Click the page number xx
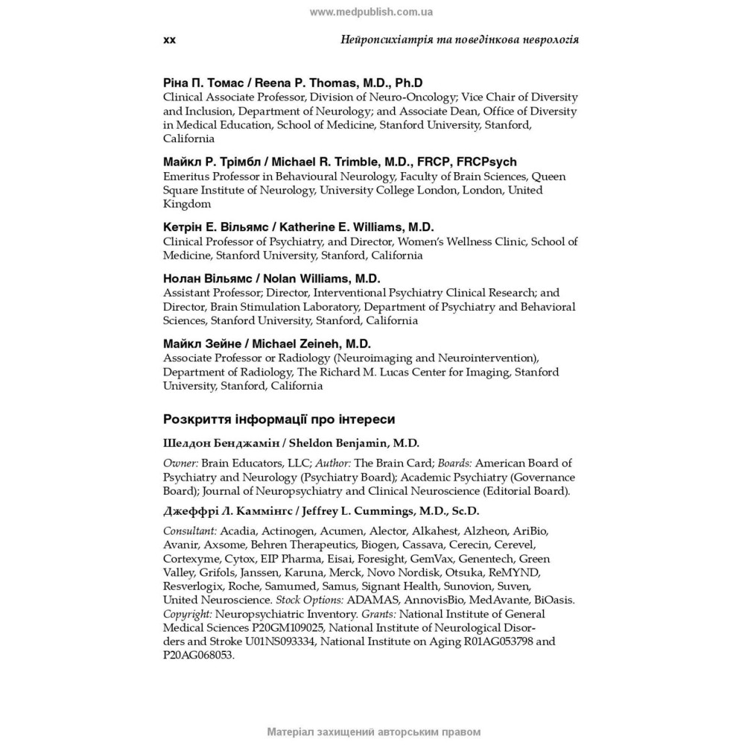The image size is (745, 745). (x=169, y=39)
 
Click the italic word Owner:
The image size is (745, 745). (x=180, y=463)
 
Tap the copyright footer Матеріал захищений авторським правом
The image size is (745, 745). (x=373, y=732)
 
